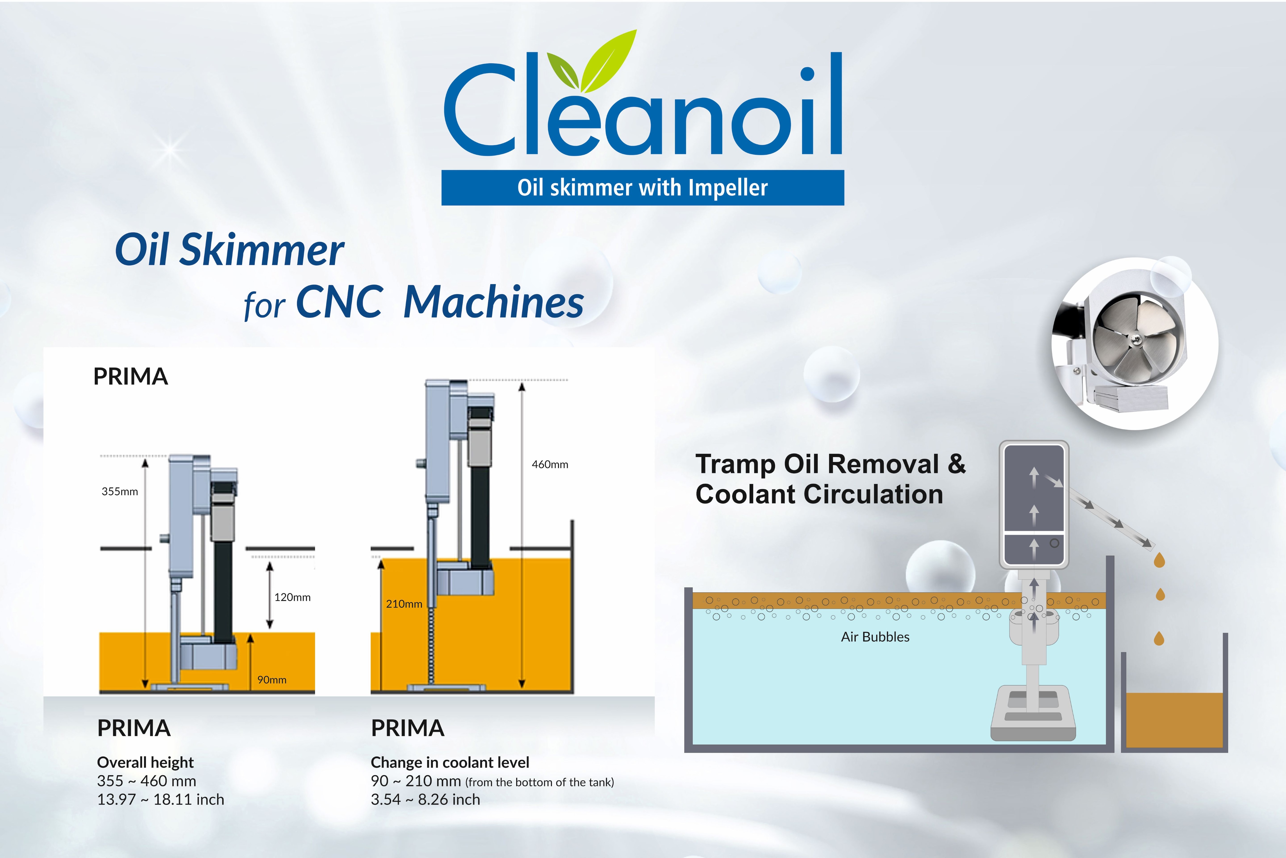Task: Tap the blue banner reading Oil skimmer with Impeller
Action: click(642, 188)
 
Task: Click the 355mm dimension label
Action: click(120, 491)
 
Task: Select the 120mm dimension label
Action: click(292, 597)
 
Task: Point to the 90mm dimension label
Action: click(272, 680)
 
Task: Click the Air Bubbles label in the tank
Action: click(875, 637)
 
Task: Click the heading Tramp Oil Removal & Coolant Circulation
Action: click(830, 479)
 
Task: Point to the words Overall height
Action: click(145, 762)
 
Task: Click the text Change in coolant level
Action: click(450, 762)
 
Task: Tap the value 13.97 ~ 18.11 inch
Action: click(161, 800)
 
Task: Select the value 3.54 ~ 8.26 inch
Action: click(425, 800)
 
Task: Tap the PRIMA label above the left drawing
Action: click(131, 376)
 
